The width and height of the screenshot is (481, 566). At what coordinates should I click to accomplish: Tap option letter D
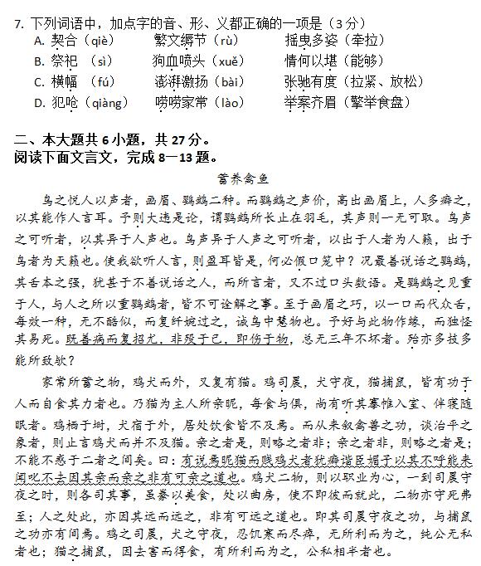[38, 103]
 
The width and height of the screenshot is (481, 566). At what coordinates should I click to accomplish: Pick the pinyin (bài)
[229, 82]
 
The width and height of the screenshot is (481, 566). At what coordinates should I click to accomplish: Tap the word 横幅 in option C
[65, 82]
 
